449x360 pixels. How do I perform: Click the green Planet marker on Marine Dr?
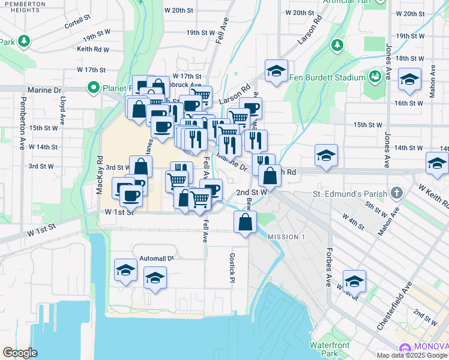94,89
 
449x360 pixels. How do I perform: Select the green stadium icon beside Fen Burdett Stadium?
375,76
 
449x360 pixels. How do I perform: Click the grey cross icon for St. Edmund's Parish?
396,193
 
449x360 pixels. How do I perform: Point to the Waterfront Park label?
330,349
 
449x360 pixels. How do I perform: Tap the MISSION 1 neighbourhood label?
286,237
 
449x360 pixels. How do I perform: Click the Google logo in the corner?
20,353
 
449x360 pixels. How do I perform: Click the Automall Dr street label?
156,258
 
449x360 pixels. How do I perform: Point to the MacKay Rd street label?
100,175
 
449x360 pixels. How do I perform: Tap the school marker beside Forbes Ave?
354,281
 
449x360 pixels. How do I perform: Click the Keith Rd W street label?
94,49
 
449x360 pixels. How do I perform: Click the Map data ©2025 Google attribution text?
412,355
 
